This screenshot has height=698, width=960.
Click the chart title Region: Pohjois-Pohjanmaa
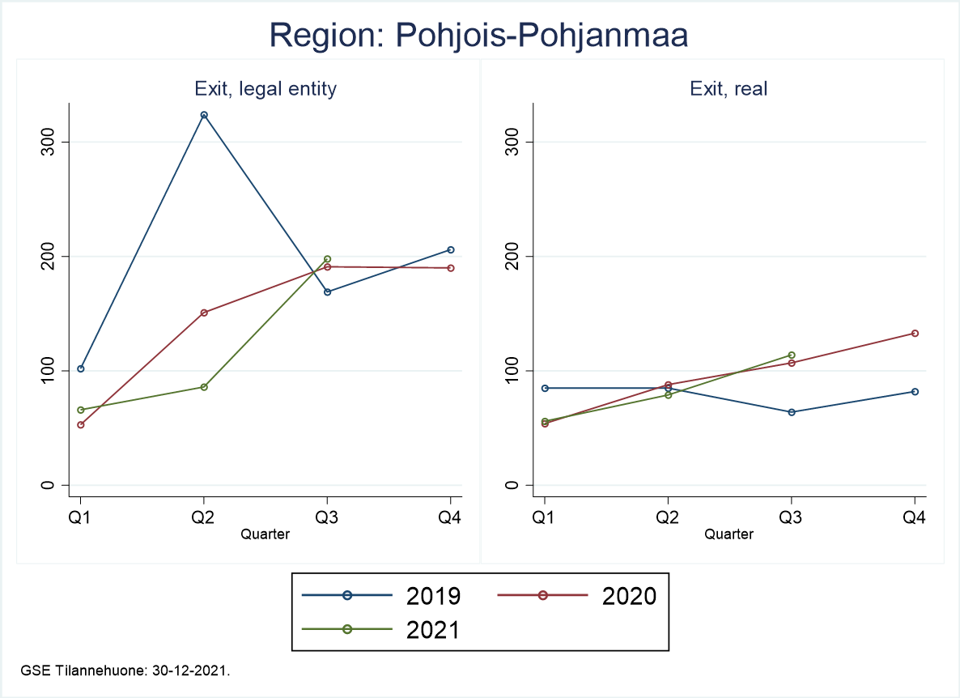tap(479, 36)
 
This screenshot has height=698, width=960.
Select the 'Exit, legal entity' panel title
tap(265, 89)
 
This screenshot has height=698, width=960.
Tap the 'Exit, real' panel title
tap(728, 89)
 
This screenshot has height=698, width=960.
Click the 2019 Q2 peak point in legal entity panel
tap(204, 115)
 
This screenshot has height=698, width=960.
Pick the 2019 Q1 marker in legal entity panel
tap(80, 368)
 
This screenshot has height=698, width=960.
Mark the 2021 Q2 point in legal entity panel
tap(204, 387)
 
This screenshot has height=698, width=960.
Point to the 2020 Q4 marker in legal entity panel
tap(451, 268)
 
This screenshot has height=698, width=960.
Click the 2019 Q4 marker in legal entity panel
tap(451, 249)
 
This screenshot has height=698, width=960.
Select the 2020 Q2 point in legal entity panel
tap(204, 313)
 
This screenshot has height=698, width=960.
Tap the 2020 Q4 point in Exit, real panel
tap(915, 333)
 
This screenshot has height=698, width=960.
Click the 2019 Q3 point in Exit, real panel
tap(791, 412)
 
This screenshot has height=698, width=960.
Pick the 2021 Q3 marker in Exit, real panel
tap(791, 355)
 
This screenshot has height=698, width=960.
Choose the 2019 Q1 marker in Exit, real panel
tap(545, 388)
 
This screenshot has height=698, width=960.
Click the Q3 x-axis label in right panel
tap(791, 518)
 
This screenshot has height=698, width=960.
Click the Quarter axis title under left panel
tap(265, 534)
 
